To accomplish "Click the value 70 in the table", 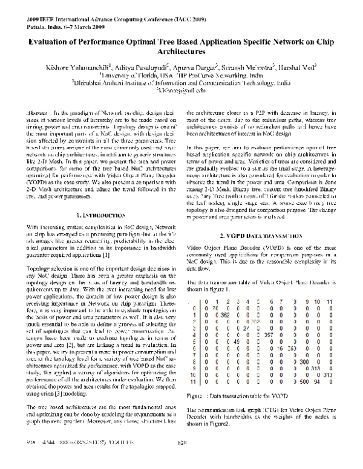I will pos(215,308).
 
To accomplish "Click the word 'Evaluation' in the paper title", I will pos(51,43).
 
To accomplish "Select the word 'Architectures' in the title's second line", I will pos(181,53).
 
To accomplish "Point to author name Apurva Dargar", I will pos(198,69).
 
